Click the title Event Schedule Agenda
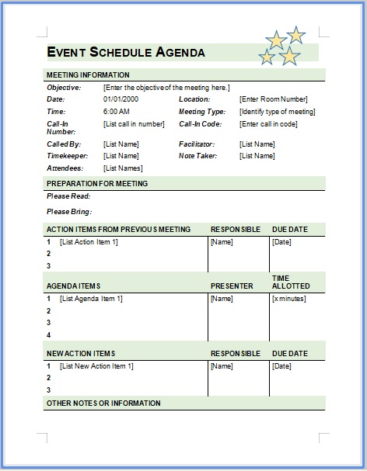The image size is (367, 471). (x=126, y=53)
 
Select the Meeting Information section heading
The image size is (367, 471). (x=88, y=75)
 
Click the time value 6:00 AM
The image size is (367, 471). (x=116, y=112)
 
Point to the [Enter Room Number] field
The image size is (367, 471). (x=273, y=99)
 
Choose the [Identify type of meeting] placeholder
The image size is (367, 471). (x=277, y=112)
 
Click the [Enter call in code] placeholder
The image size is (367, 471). (x=268, y=124)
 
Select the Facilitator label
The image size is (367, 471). (x=197, y=144)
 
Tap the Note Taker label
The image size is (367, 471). (x=197, y=156)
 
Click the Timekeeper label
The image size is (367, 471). (x=68, y=156)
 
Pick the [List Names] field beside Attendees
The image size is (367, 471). (x=123, y=168)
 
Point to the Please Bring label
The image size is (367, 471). (x=69, y=212)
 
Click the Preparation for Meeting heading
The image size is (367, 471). (x=97, y=184)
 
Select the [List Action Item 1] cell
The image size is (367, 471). (x=89, y=242)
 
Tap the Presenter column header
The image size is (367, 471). (x=232, y=286)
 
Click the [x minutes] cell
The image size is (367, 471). (x=288, y=299)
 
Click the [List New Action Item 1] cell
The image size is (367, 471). (x=96, y=366)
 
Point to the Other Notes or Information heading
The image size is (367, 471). (x=103, y=403)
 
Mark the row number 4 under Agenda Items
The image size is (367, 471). (x=48, y=335)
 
